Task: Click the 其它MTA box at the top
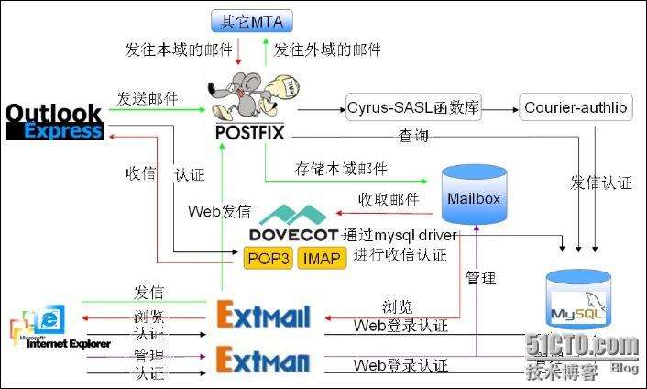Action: tap(250, 19)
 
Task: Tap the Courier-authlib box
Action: tap(576, 108)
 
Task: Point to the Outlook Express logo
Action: tap(54, 121)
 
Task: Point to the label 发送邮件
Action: tap(148, 98)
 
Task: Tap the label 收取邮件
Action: tap(388, 199)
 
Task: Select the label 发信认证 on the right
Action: tap(601, 182)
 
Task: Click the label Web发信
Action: tap(220, 211)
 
